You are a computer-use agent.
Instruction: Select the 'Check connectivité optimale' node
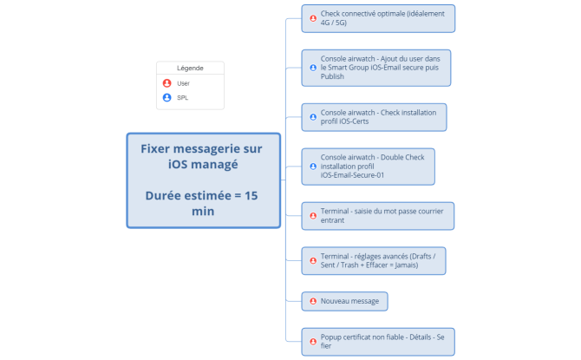(378, 18)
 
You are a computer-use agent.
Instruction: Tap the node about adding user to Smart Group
(377, 68)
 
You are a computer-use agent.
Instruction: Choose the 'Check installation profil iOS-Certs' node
(374, 117)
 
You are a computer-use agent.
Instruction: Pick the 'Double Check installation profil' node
(368, 166)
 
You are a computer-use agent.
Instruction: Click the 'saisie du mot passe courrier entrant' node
(378, 215)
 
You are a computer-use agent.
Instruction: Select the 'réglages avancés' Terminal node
(374, 260)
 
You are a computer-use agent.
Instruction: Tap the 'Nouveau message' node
(344, 301)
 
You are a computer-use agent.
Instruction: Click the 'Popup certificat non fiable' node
(378, 341)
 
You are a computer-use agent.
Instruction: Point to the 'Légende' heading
(190, 68)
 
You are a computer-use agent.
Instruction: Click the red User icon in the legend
(166, 83)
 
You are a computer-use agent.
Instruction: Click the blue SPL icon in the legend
(166, 98)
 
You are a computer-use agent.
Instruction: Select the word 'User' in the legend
(184, 83)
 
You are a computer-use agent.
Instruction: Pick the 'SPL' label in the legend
(183, 98)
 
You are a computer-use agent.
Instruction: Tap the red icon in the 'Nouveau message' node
(313, 301)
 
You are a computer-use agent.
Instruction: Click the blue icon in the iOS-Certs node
(313, 116)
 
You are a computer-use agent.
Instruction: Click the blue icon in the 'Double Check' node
(313, 166)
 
